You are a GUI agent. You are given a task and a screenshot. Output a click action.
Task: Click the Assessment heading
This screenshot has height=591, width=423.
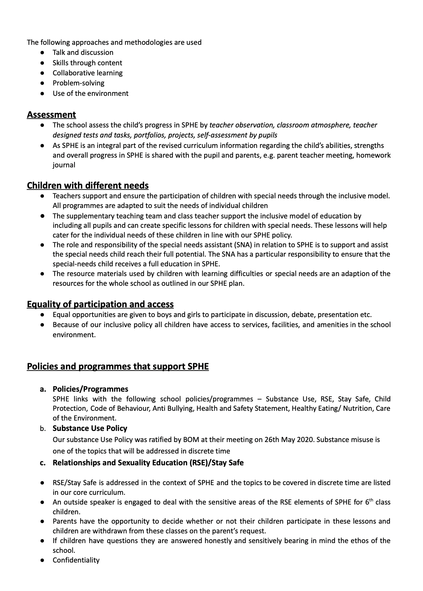pyautogui.click(x=51, y=115)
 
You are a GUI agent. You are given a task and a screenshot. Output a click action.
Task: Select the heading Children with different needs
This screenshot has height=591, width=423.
pyautogui.click(x=88, y=185)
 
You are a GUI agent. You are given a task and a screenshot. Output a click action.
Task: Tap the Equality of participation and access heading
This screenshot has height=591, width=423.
pyautogui.click(x=100, y=304)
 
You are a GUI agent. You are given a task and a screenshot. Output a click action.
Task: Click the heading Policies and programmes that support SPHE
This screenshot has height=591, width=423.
pyautogui.click(x=118, y=367)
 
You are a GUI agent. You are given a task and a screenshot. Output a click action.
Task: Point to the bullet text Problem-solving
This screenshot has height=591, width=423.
pyautogui.click(x=79, y=83)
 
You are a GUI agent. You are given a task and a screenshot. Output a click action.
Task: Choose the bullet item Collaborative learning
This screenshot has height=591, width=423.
pyautogui.click(x=88, y=73)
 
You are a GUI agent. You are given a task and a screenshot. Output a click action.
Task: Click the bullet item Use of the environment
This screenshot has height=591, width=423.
pyautogui.click(x=90, y=93)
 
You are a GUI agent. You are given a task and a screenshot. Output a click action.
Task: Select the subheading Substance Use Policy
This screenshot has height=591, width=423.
pyautogui.click(x=90, y=428)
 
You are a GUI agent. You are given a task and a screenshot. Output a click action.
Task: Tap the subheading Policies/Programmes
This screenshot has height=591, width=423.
pyautogui.click(x=90, y=389)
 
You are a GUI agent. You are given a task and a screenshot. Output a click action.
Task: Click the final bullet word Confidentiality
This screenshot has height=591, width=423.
pyautogui.click(x=76, y=560)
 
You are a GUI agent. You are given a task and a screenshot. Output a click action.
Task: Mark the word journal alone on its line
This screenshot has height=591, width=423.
pyautogui.click(x=64, y=165)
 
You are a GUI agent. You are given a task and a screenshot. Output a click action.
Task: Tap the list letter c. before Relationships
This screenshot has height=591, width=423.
pyautogui.click(x=43, y=463)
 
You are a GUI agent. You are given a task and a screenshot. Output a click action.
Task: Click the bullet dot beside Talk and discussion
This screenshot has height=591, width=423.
pyautogui.click(x=42, y=52)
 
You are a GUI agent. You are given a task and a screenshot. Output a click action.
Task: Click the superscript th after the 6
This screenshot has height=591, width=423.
pyautogui.click(x=372, y=500)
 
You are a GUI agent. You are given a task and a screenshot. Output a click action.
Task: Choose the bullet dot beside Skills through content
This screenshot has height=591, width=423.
pyautogui.click(x=42, y=63)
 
